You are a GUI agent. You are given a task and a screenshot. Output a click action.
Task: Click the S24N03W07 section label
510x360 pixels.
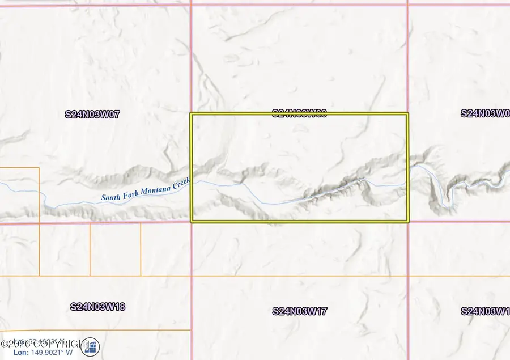(92, 114)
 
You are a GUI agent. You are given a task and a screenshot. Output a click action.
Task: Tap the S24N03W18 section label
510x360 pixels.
(97, 307)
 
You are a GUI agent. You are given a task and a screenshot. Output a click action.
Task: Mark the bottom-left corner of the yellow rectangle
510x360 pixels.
(192, 221)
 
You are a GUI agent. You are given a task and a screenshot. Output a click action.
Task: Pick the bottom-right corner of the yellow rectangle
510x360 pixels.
(407, 221)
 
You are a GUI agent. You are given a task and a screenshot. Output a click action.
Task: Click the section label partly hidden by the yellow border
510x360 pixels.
(299, 113)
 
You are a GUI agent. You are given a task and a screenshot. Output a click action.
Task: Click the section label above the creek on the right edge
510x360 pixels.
(485, 113)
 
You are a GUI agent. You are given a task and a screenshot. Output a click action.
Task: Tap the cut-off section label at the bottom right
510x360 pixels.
(485, 311)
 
